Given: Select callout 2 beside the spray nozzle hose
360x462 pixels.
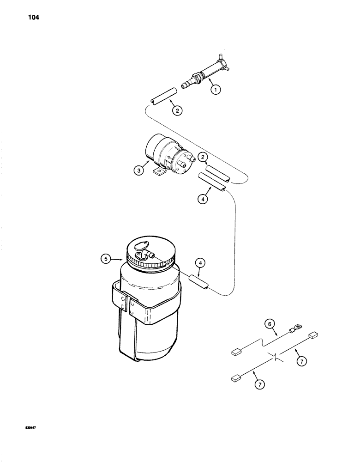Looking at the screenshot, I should click(x=176, y=110).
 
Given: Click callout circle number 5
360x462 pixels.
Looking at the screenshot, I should click(x=105, y=259).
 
